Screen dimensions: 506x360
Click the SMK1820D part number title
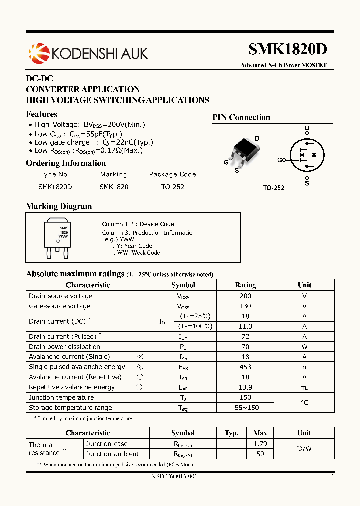[x=288, y=49]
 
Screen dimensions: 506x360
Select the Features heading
[x=41, y=114]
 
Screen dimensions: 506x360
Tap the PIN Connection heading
[x=241, y=117]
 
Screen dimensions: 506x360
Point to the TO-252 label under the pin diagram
[x=274, y=188]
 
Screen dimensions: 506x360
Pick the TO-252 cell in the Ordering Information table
[x=172, y=187]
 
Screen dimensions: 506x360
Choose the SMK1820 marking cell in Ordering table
[x=114, y=187]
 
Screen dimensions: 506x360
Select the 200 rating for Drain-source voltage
[x=245, y=296]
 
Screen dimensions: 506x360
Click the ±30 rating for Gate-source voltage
[x=245, y=306]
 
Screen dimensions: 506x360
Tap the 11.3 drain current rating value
[x=245, y=326]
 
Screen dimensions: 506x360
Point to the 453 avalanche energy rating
[x=245, y=367]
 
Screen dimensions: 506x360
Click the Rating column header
[x=245, y=285]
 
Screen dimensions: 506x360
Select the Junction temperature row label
[x=61, y=397]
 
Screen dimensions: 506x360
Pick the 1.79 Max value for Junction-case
[x=260, y=444]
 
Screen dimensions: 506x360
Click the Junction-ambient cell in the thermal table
[x=112, y=454]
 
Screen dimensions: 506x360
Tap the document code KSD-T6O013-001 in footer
[x=174, y=477]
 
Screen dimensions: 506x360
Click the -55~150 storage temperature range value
[x=245, y=408]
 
